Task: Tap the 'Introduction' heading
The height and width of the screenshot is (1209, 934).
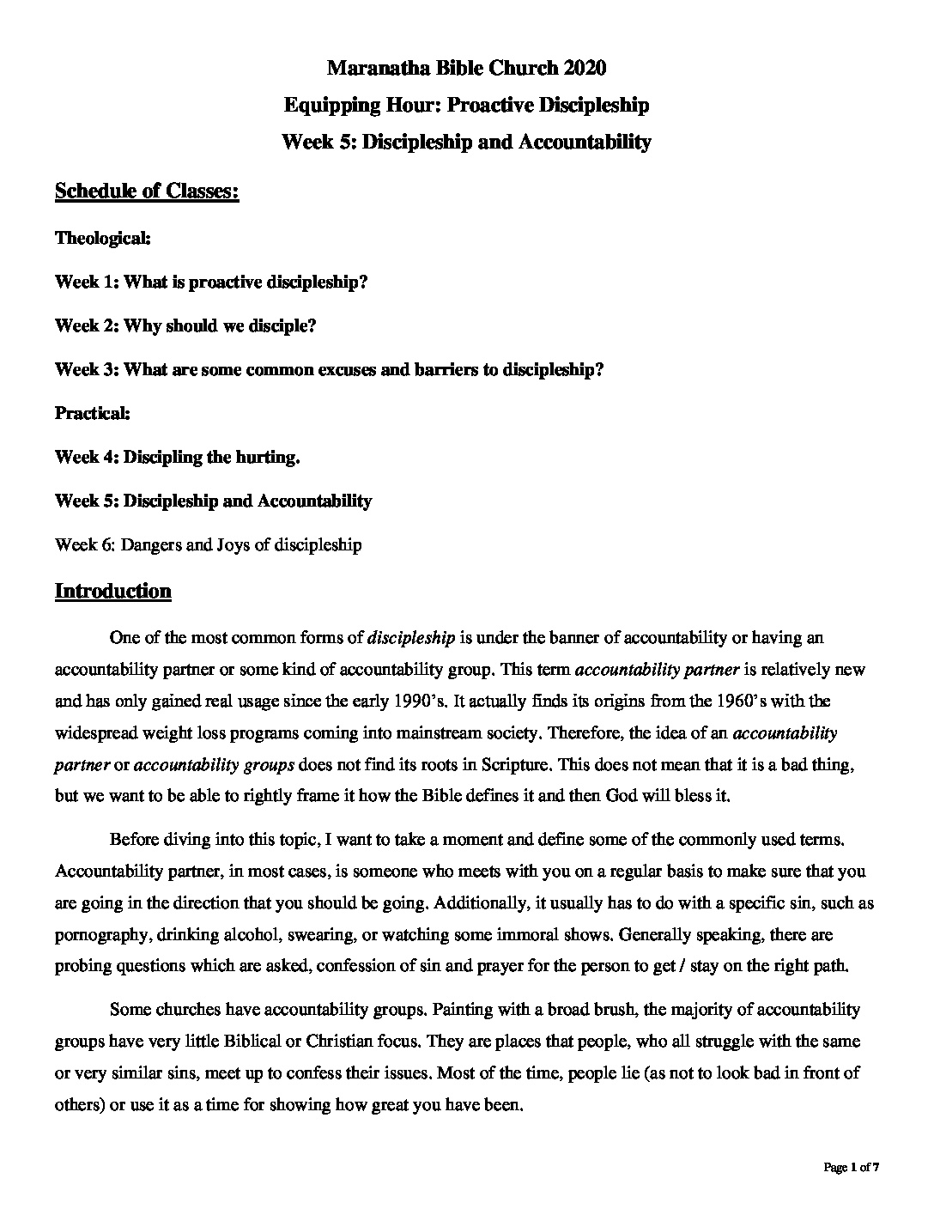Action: click(x=112, y=591)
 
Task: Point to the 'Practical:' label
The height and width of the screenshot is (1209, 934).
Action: click(x=93, y=413)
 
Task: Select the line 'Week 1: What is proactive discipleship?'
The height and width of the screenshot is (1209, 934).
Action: click(x=211, y=282)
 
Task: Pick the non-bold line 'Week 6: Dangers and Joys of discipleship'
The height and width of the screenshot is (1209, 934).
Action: click(x=208, y=544)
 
